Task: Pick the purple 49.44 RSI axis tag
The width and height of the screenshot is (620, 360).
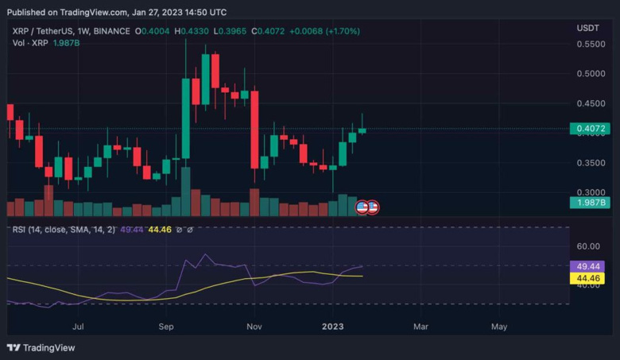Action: [589, 266]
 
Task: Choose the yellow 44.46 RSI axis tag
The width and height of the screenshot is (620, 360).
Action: [589, 278]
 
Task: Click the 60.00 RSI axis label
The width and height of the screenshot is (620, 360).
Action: [589, 247]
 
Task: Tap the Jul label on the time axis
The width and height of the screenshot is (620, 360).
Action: [78, 326]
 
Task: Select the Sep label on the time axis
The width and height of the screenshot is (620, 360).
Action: [166, 326]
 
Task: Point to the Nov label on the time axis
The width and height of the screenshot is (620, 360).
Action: [254, 326]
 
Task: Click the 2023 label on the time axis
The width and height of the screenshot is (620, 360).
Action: [331, 326]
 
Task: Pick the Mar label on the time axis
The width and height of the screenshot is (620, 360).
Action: [420, 326]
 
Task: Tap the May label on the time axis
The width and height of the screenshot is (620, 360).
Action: [498, 326]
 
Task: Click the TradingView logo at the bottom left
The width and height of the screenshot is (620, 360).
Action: [41, 347]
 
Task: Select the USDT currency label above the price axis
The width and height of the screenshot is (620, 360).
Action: [587, 28]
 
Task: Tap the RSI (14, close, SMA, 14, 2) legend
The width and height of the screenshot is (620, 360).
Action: [64, 230]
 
